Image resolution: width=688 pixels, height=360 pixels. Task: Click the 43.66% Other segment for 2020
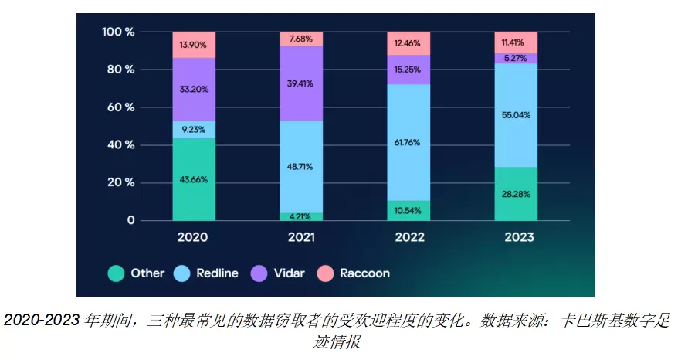click(x=194, y=179)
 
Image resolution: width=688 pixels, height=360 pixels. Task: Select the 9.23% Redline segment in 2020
click(x=194, y=129)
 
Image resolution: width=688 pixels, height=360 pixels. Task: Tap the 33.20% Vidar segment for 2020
click(x=194, y=89)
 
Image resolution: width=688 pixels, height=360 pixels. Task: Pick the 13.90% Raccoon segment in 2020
click(x=194, y=45)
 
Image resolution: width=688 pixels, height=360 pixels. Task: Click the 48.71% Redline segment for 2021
click(x=301, y=166)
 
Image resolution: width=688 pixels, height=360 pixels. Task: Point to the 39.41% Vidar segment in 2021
click(x=301, y=83)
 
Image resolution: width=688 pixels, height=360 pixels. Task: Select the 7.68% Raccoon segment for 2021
click(x=301, y=39)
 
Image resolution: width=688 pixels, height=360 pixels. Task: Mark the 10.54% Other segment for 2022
click(x=408, y=211)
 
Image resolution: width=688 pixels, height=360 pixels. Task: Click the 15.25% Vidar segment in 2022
click(x=408, y=70)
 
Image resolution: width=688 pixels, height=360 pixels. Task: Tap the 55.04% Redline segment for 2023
click(x=516, y=115)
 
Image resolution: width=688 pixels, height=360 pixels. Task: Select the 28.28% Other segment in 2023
click(x=516, y=194)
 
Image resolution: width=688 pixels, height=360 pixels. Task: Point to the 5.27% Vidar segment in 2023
click(x=516, y=58)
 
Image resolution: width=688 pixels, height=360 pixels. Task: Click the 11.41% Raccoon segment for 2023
click(x=516, y=42)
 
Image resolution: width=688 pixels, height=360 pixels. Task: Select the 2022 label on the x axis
click(x=408, y=238)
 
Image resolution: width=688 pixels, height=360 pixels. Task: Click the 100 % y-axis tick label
click(x=118, y=32)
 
